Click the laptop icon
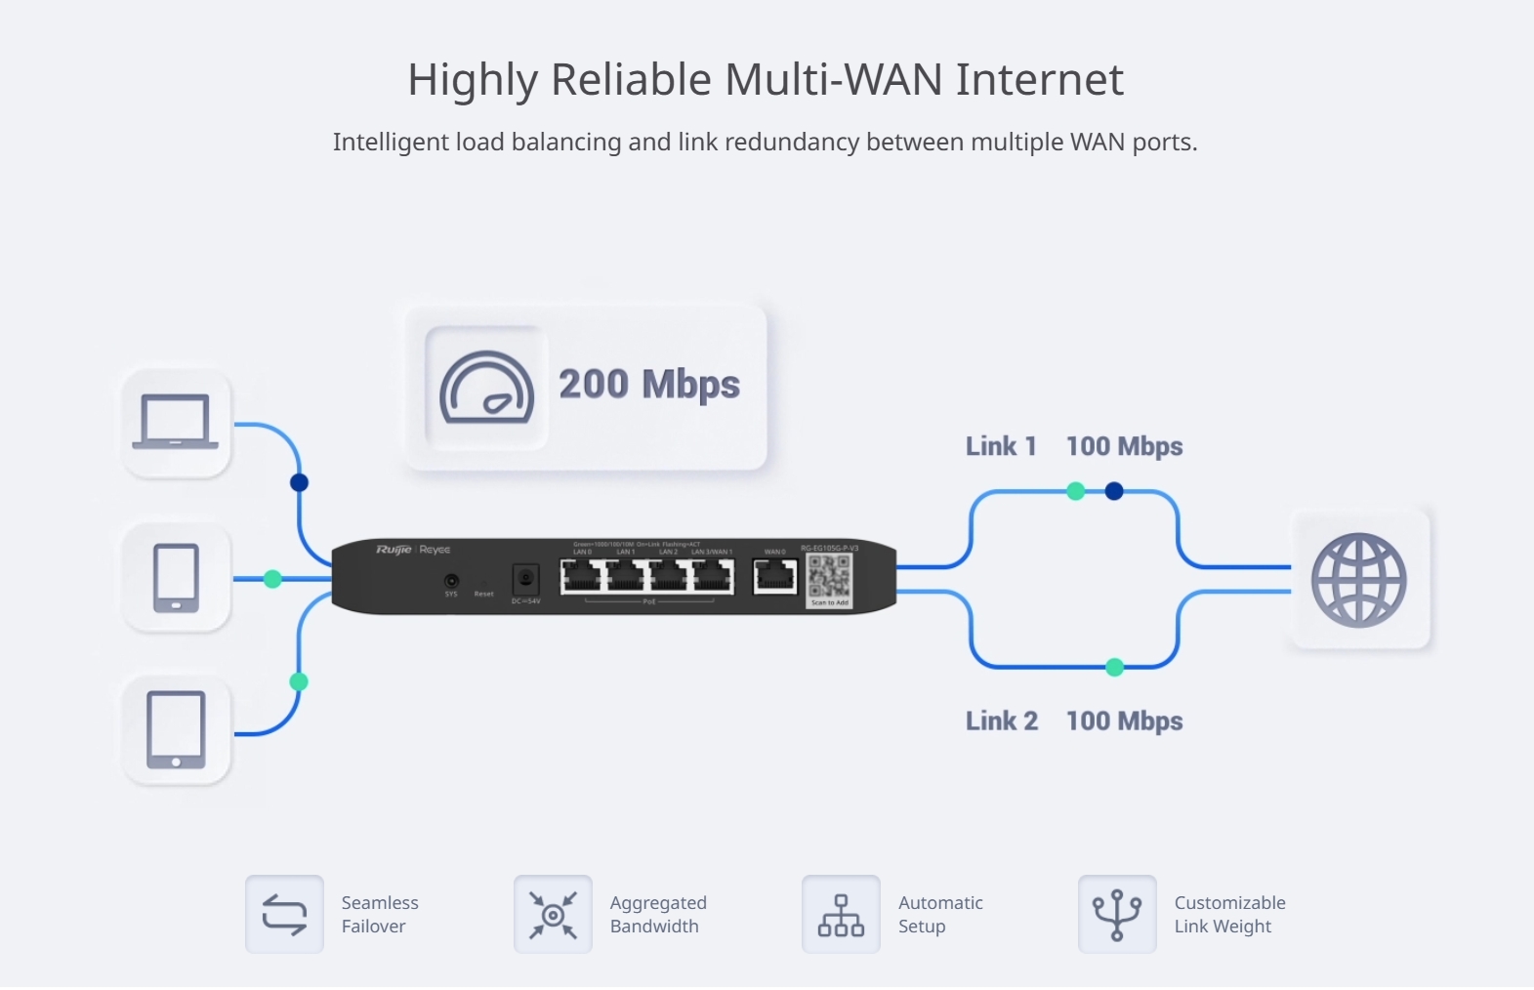[x=176, y=422]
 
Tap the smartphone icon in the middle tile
[x=176, y=578]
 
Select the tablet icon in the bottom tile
[x=176, y=729]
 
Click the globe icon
[x=1358, y=580]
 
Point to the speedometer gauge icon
[x=486, y=388]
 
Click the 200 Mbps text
[x=649, y=384]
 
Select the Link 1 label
[x=1001, y=446]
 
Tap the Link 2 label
[x=1002, y=721]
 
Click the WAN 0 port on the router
[x=775, y=577]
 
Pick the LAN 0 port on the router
[x=582, y=577]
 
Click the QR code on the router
[x=829, y=577]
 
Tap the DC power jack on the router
[x=525, y=579]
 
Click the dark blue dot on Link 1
[x=1114, y=491]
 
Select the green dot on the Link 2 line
[x=1114, y=667]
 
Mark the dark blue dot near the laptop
[x=300, y=482]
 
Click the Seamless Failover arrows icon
[x=284, y=915]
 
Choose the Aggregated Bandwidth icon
[x=553, y=915]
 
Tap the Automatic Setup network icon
[x=841, y=915]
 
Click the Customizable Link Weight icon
[x=1117, y=915]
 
